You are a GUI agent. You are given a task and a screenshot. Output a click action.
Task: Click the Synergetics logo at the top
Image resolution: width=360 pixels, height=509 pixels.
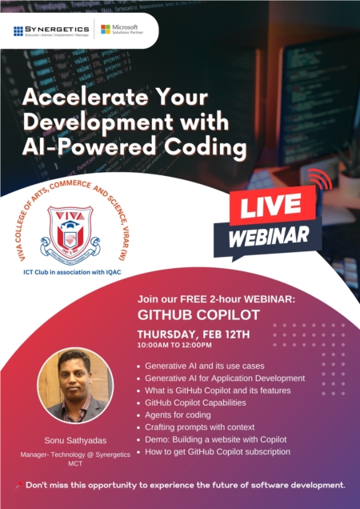(51, 31)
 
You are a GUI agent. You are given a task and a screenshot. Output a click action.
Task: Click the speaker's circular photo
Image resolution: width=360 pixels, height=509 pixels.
(74, 385)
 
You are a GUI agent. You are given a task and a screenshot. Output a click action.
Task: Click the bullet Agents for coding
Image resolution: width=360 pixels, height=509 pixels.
(177, 415)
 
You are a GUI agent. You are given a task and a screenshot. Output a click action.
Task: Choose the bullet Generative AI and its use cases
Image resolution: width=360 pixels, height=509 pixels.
(204, 365)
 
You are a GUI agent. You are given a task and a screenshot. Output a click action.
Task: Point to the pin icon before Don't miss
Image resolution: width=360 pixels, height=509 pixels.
(18, 485)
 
